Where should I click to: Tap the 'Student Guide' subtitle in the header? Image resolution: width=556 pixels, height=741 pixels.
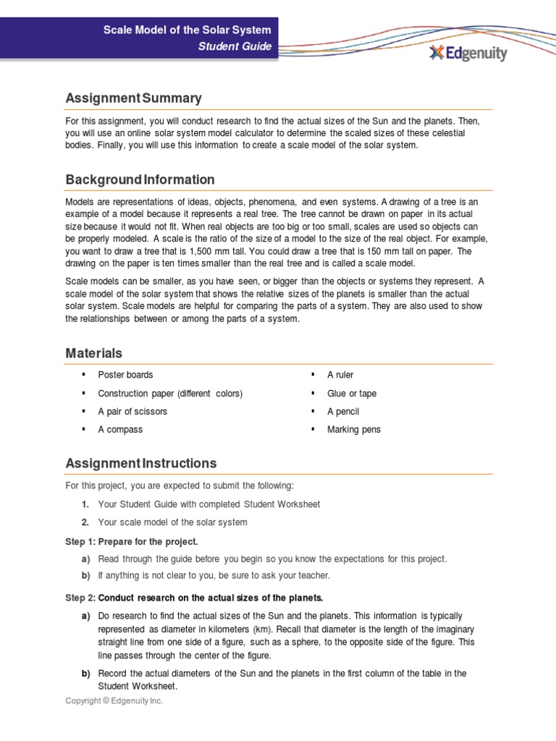click(235, 47)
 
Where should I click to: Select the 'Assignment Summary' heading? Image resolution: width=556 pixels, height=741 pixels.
click(133, 98)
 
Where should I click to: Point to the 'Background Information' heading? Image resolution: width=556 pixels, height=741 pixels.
click(140, 179)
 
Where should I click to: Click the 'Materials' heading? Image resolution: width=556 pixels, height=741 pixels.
click(93, 353)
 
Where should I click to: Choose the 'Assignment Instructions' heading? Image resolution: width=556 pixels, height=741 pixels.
click(140, 463)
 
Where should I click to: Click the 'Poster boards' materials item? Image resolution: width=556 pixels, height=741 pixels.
click(125, 375)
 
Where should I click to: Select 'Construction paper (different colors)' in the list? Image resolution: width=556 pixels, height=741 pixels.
click(170, 393)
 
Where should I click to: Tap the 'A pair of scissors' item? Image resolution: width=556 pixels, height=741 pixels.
click(132, 411)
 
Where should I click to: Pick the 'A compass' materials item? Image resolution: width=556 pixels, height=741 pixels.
click(120, 429)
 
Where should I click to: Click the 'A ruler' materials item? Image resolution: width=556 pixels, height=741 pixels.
click(340, 375)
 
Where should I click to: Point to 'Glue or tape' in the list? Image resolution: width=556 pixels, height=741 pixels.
click(352, 393)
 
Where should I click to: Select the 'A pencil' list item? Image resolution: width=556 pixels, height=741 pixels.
click(343, 411)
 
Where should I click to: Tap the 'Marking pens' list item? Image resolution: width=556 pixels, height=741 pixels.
click(353, 429)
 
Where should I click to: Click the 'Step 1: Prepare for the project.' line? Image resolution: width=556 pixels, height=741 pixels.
click(131, 541)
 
